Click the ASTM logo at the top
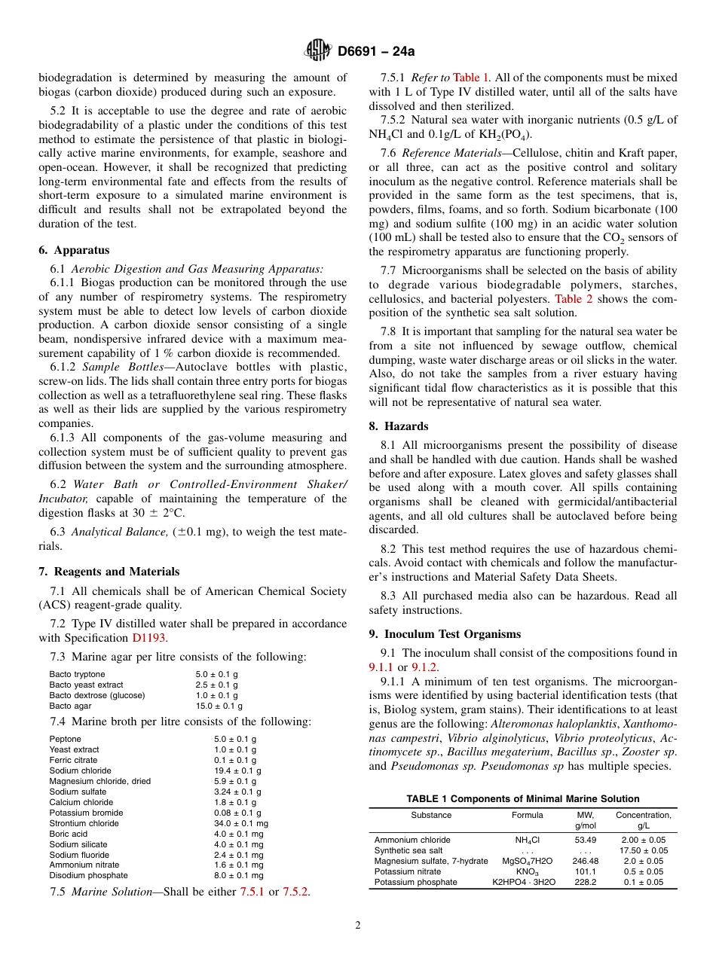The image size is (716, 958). (x=317, y=50)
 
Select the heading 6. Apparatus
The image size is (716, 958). (x=74, y=250)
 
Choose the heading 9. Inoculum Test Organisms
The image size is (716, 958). (x=445, y=634)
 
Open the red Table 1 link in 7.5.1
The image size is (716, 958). (x=471, y=77)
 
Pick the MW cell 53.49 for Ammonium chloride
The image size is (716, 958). (x=585, y=840)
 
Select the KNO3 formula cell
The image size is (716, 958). (x=527, y=871)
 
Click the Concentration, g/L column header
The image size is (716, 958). (x=643, y=820)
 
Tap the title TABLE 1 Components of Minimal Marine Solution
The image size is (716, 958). (x=522, y=798)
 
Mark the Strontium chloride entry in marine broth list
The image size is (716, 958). (x=84, y=823)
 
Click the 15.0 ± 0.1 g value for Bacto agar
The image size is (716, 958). (x=219, y=706)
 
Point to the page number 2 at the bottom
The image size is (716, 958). (x=358, y=926)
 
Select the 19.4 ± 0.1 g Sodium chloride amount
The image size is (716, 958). (x=237, y=770)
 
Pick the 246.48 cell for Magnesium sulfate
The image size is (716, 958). (x=585, y=861)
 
